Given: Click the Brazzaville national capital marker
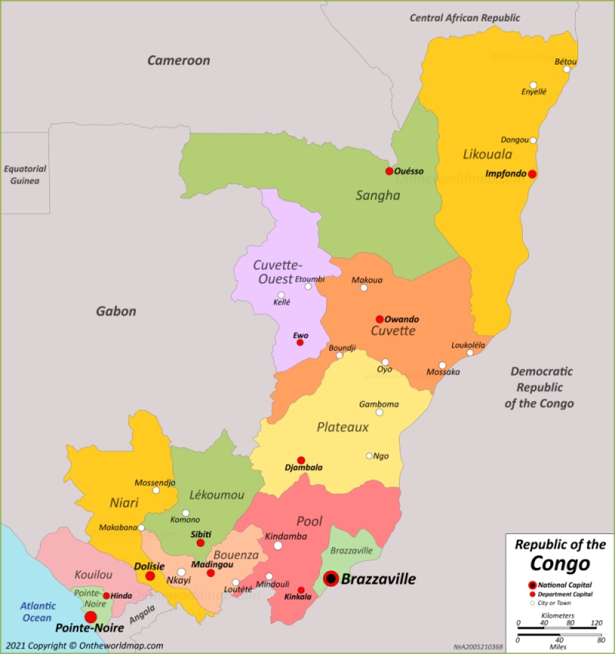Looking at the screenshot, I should [331, 579].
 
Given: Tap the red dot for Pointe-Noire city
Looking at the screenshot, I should [91, 617].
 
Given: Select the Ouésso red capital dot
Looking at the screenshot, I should [389, 171].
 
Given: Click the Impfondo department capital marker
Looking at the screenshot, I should [532, 174].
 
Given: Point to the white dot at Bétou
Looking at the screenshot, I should [567, 69].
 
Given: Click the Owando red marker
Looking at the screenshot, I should [379, 319].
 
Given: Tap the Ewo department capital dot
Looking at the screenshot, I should [300, 342].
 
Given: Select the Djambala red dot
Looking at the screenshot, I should [301, 460].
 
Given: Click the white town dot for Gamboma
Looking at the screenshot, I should [379, 412].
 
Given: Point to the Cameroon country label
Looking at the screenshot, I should [178, 60].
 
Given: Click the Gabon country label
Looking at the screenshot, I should [116, 311].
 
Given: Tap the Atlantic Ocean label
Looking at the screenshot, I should [38, 612].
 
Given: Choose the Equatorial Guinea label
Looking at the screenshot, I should [25, 175].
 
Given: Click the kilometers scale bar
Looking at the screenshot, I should [558, 624].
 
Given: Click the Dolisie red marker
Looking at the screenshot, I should [150, 576].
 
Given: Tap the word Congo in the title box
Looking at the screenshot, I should [560, 563].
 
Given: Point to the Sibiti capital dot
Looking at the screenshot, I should [200, 542].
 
